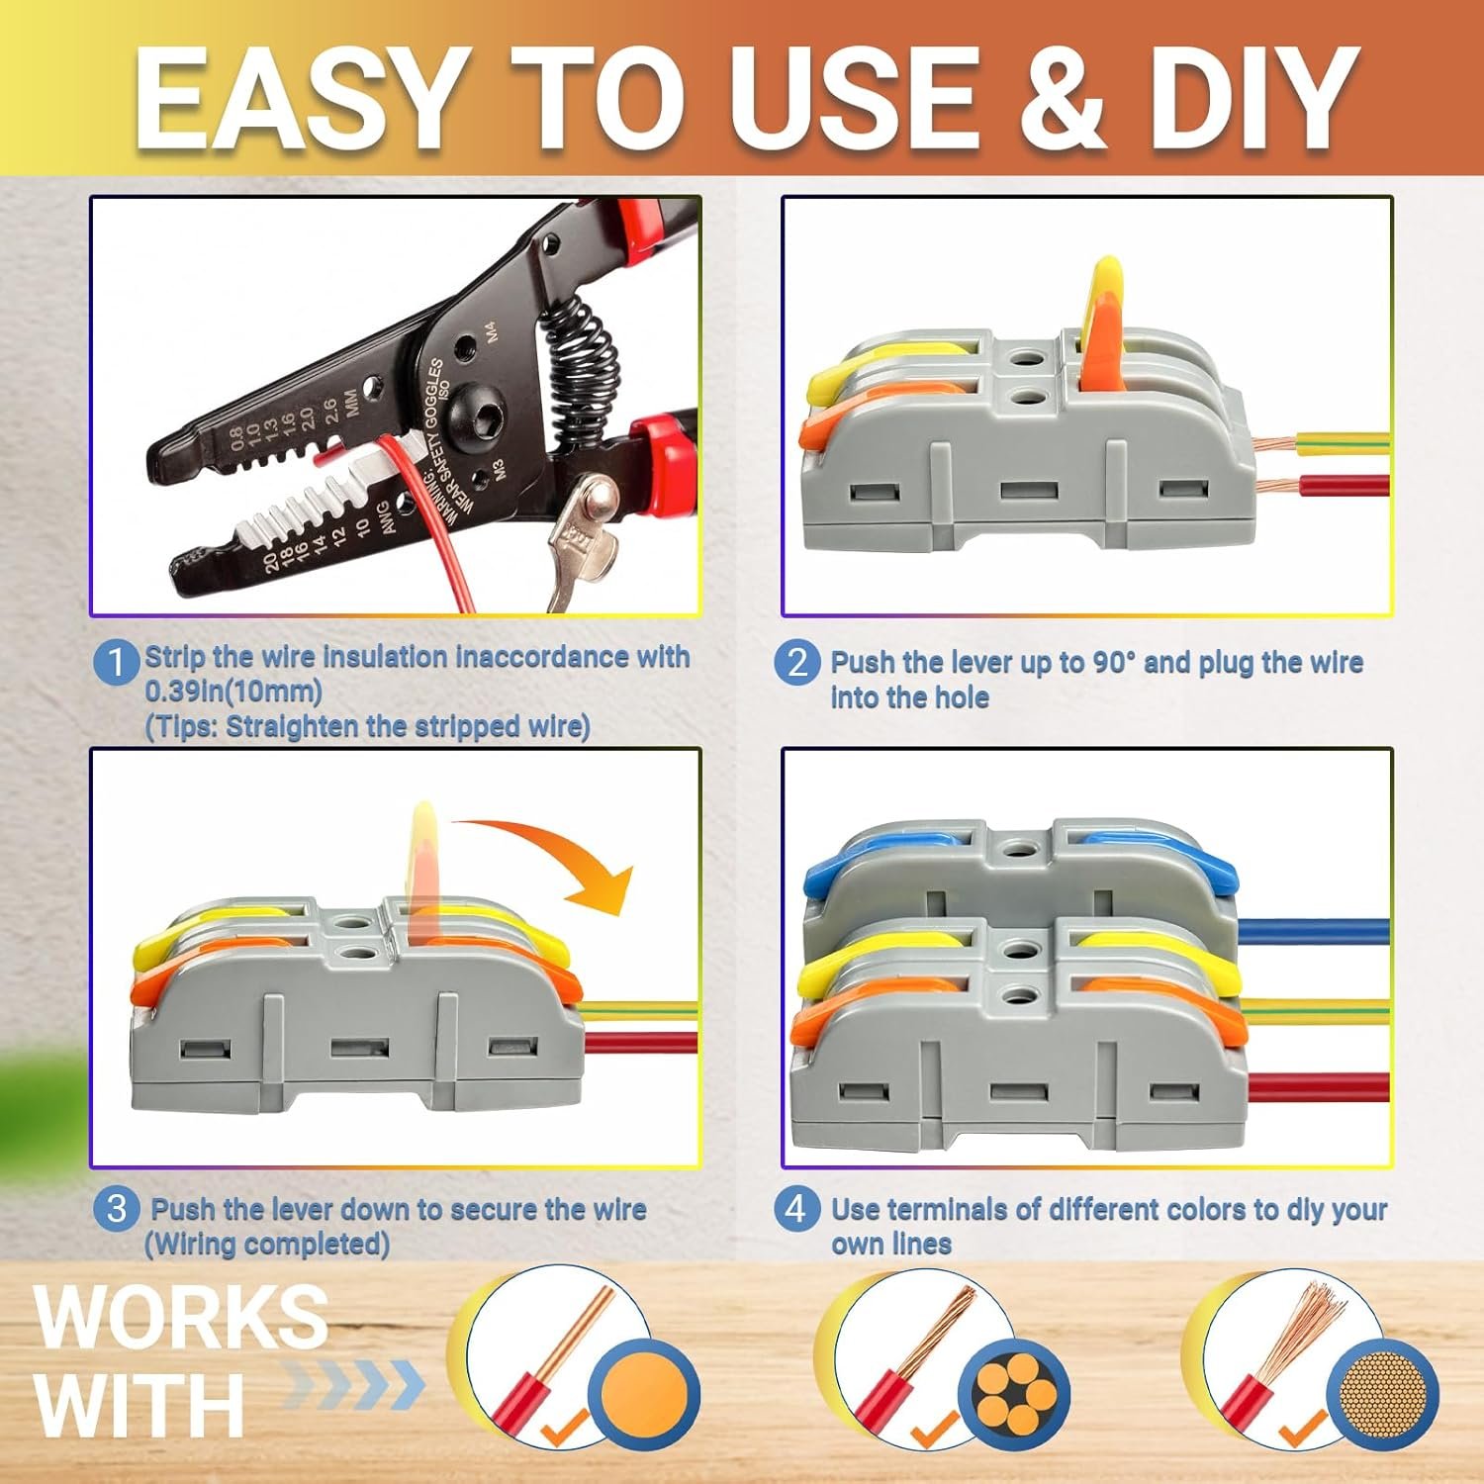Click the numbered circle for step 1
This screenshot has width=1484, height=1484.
click(x=117, y=661)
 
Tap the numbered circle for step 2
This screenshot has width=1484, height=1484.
click(x=797, y=661)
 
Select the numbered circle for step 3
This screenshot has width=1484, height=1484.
click(x=117, y=1208)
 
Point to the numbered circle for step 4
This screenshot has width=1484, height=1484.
click(x=797, y=1208)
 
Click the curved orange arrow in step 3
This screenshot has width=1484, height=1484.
click(x=554, y=841)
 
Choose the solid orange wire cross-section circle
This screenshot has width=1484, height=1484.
click(x=644, y=1394)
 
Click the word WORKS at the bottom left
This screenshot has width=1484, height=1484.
click(x=181, y=1315)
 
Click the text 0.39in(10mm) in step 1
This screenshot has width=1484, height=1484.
click(x=233, y=691)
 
